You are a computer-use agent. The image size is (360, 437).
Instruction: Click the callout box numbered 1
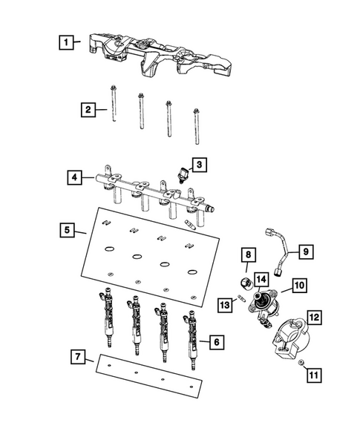[68, 42]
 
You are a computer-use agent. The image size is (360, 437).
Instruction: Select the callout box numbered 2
[88, 110]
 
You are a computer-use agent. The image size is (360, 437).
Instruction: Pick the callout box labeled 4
[73, 178]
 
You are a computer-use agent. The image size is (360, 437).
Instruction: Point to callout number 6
[216, 342]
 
